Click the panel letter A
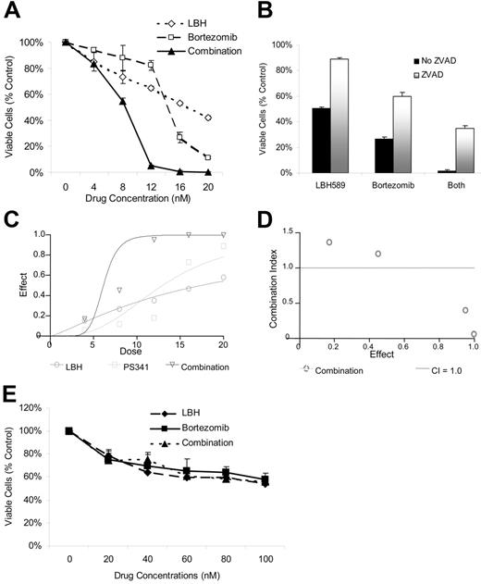[13, 11]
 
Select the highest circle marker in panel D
[329, 242]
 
